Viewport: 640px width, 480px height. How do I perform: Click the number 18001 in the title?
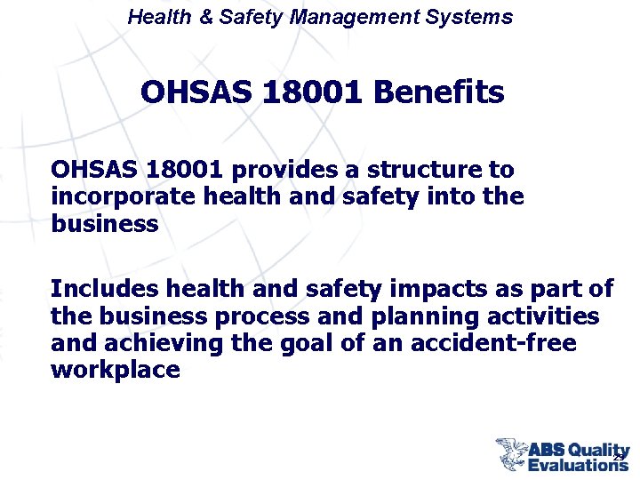click(x=305, y=92)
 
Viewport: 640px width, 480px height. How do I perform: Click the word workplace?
click(x=116, y=371)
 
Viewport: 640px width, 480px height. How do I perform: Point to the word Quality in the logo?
click(x=599, y=451)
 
